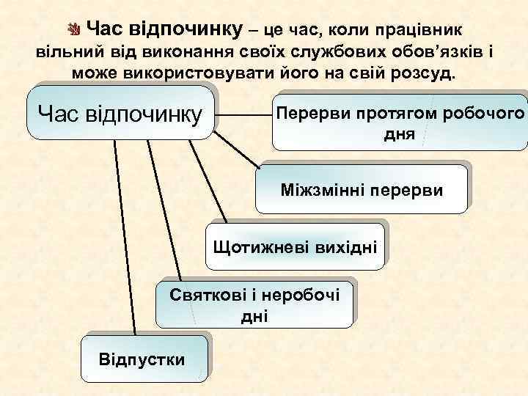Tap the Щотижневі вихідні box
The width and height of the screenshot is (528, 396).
(x=295, y=244)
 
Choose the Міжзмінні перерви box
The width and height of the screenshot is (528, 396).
(x=362, y=190)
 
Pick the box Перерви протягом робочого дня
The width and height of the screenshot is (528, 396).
(x=400, y=123)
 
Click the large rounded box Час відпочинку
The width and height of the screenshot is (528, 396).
(x=120, y=113)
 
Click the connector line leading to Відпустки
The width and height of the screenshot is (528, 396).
(x=125, y=235)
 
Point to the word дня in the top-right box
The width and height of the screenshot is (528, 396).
(x=399, y=135)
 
